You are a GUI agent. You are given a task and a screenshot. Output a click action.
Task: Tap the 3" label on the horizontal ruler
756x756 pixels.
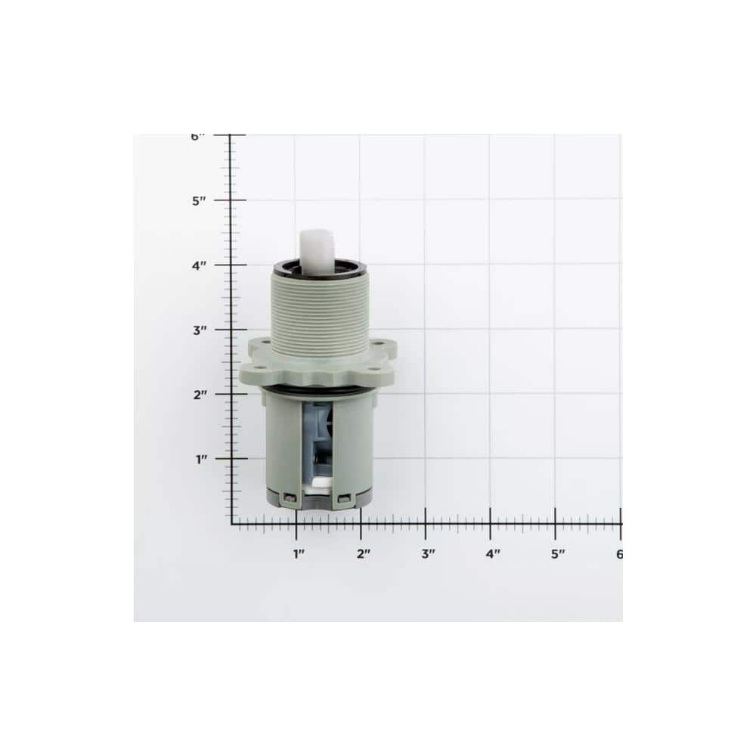click(428, 554)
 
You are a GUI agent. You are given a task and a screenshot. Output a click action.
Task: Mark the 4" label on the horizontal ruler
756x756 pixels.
click(493, 554)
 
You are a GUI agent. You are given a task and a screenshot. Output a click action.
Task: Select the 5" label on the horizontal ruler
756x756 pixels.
click(558, 554)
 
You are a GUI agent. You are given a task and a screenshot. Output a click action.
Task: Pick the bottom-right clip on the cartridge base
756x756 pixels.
click(345, 497)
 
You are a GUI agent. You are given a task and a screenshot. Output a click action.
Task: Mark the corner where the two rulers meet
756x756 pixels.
click(231, 522)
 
